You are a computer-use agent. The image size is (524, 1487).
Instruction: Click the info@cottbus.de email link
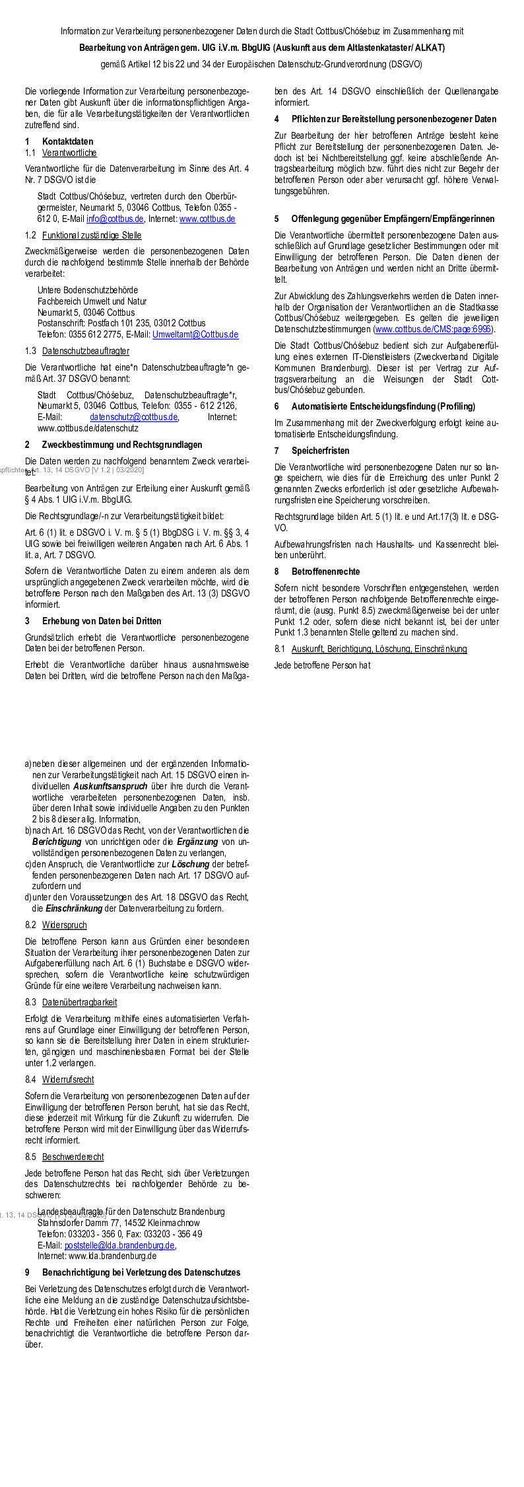[115, 219]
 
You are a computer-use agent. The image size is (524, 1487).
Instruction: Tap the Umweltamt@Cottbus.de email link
[195, 334]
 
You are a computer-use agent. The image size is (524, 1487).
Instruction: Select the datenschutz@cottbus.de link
[134, 417]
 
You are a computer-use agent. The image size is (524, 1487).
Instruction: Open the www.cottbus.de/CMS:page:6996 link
[433, 329]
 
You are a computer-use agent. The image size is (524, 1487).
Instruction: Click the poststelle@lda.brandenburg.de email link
[119, 1245]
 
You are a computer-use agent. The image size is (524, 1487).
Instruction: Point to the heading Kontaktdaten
[67, 141]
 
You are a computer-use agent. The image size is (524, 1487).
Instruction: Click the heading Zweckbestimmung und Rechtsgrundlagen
[122, 445]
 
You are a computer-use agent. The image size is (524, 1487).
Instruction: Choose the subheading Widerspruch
[64, 925]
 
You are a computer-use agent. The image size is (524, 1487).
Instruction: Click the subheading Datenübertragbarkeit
[79, 1002]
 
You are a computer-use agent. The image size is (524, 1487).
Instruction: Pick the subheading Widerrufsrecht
[68, 1079]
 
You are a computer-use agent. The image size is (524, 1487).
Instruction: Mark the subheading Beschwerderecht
[73, 1157]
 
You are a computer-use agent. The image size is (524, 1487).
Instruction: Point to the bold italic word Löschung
[191, 864]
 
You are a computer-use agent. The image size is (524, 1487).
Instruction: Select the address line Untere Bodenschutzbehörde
[88, 290]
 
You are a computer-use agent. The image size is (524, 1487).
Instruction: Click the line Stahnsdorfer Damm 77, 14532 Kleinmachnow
[118, 1223]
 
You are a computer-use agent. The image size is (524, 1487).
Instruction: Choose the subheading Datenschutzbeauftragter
[86, 351]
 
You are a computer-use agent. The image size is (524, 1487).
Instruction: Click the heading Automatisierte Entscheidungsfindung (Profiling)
[383, 406]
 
